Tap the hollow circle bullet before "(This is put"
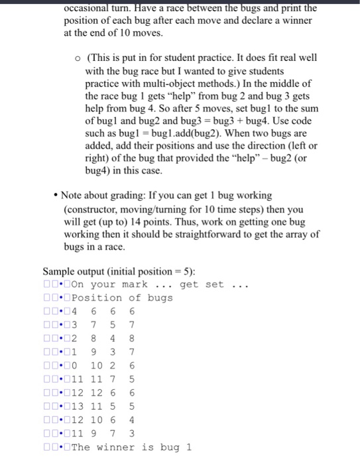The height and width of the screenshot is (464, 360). click(x=78, y=58)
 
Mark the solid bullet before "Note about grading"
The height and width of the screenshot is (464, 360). click(x=56, y=197)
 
